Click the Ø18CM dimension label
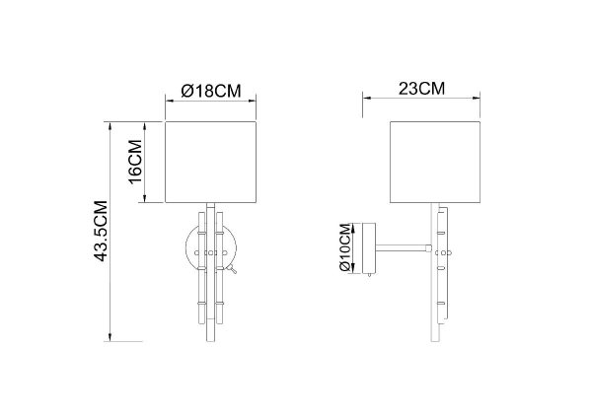[x=211, y=91]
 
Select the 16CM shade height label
[x=135, y=162]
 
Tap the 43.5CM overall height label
[x=101, y=231]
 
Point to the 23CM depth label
[x=421, y=89]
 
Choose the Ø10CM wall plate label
[x=345, y=247]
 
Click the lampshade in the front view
[x=211, y=163]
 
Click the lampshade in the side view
[x=435, y=163]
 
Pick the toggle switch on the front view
[x=232, y=269]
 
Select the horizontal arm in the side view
[x=403, y=247]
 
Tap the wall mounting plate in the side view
[x=369, y=248]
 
